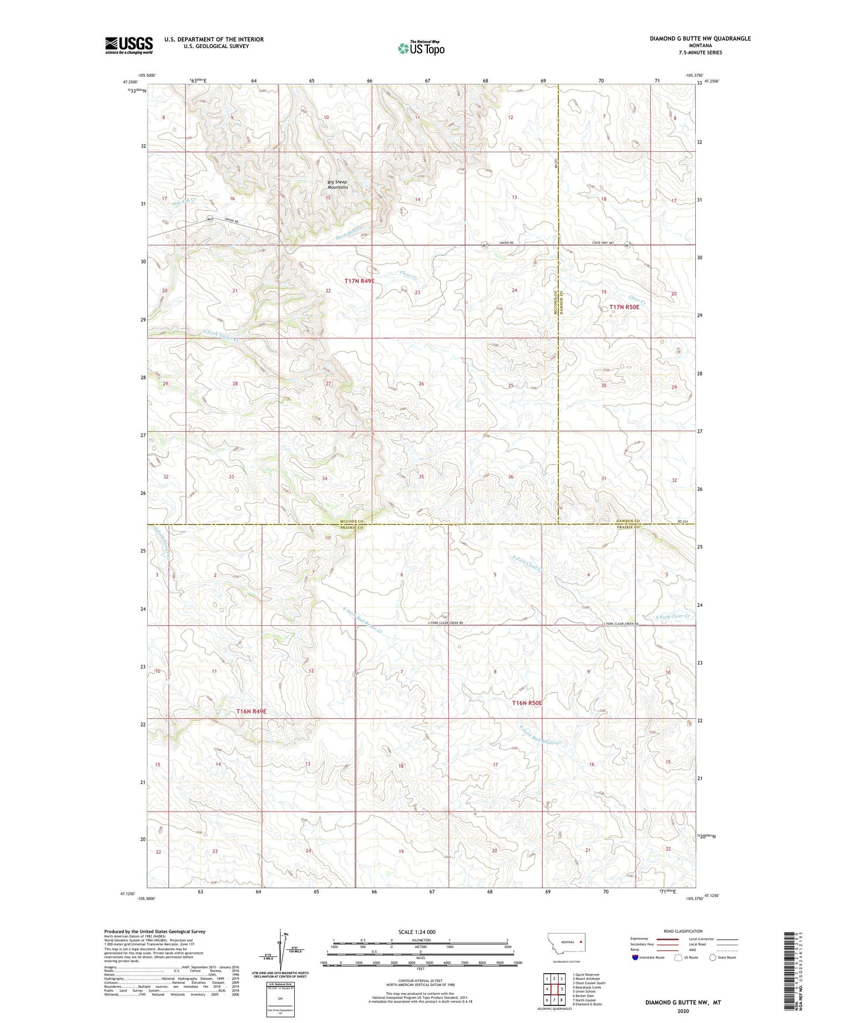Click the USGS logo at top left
pyautogui.click(x=129, y=45)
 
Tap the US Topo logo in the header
pyautogui.click(x=420, y=48)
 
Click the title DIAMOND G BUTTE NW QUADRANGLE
pyautogui.click(x=700, y=39)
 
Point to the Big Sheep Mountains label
pyautogui.click(x=338, y=185)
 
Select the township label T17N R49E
pyautogui.click(x=359, y=281)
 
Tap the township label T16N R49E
pyautogui.click(x=251, y=711)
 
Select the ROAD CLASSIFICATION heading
pyautogui.click(x=683, y=931)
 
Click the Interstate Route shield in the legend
pyautogui.click(x=636, y=957)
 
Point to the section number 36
pyautogui.click(x=511, y=477)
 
